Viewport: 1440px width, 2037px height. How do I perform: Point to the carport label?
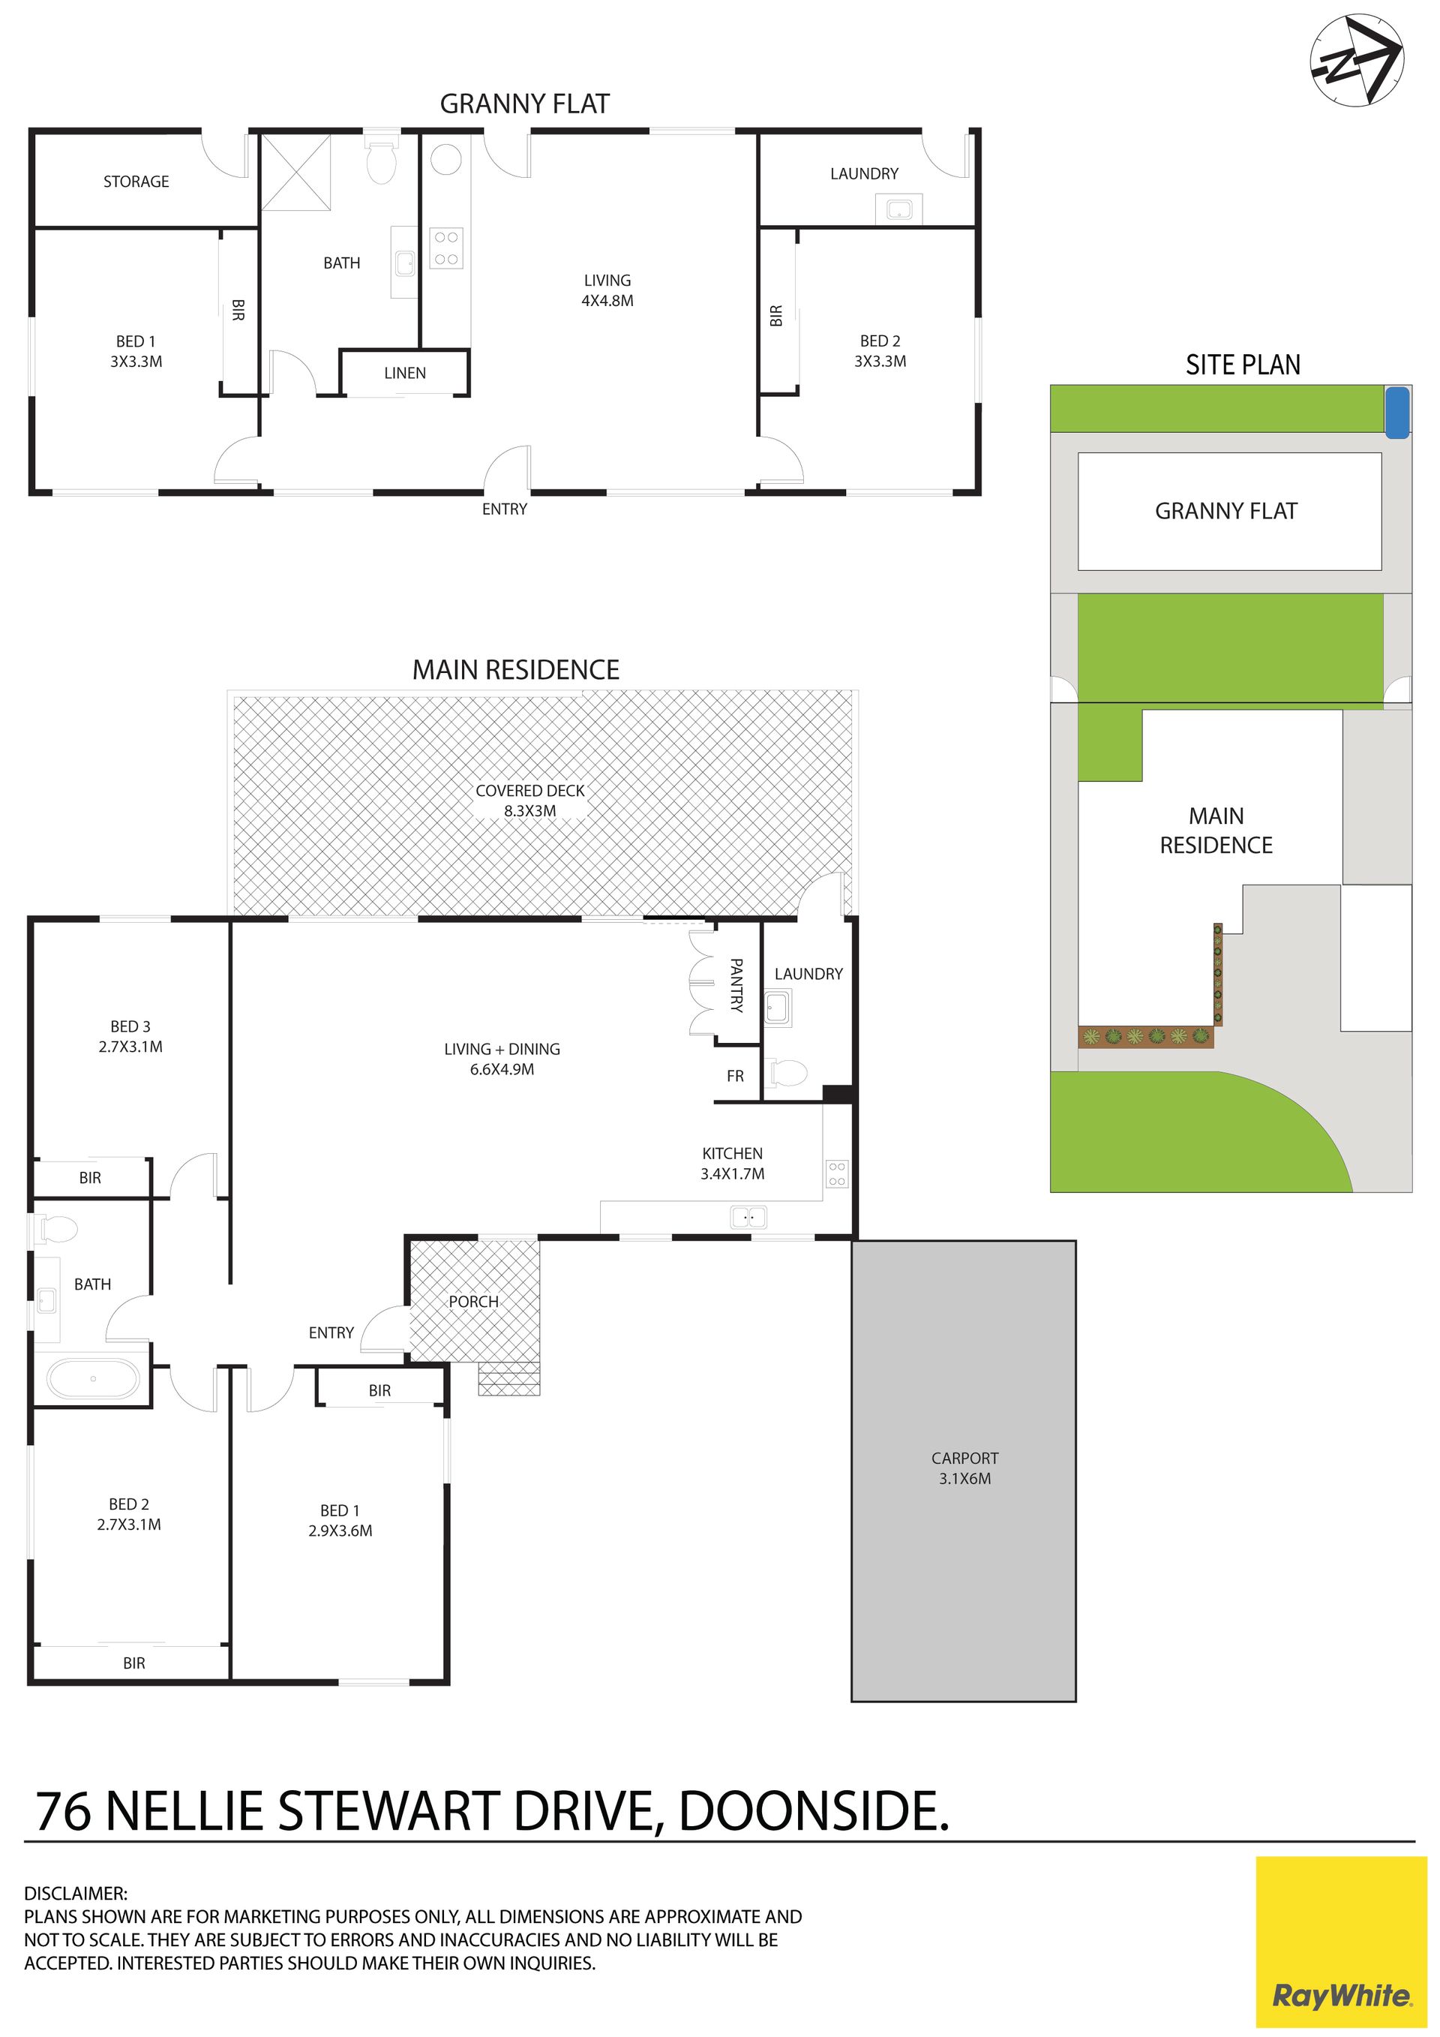964,1468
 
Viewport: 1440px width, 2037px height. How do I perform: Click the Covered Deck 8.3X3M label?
530,801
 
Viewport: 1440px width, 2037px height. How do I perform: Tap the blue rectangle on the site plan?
1397,413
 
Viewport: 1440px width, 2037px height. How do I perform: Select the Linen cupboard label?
405,374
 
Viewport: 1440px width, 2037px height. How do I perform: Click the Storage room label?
136,182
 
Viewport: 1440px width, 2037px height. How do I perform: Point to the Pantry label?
736,985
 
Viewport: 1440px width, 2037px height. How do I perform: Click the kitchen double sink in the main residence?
749,1217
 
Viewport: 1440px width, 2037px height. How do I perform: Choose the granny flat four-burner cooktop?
446,248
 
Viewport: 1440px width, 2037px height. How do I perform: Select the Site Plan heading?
1243,365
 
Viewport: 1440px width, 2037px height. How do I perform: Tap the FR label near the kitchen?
735,1076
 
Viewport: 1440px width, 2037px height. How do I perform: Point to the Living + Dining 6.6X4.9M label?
502,1059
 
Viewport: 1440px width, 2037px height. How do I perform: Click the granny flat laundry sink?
900,210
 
